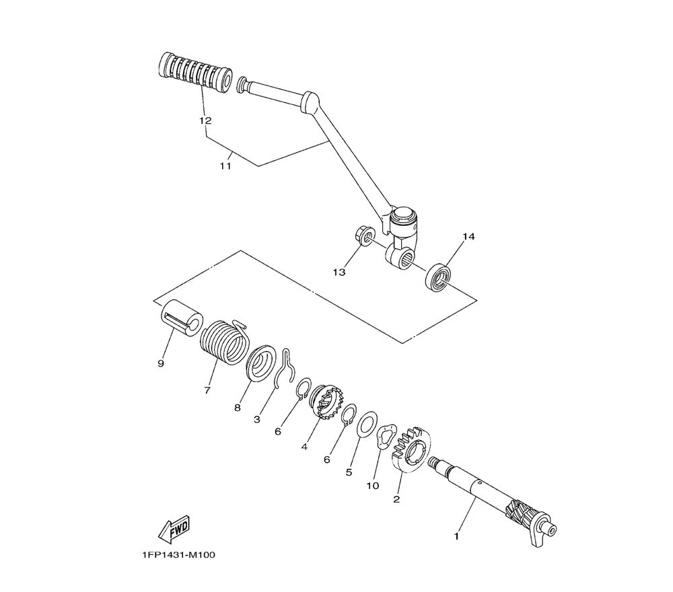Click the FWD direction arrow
[x=174, y=529]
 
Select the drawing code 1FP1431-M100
[x=179, y=555]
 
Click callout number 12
[x=205, y=120]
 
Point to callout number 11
[x=225, y=166]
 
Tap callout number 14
[x=468, y=236]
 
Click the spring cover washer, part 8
[x=261, y=363]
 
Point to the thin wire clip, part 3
[x=285, y=369]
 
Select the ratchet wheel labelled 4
[x=325, y=402]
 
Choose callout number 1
[x=457, y=536]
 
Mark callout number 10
[x=373, y=486]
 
